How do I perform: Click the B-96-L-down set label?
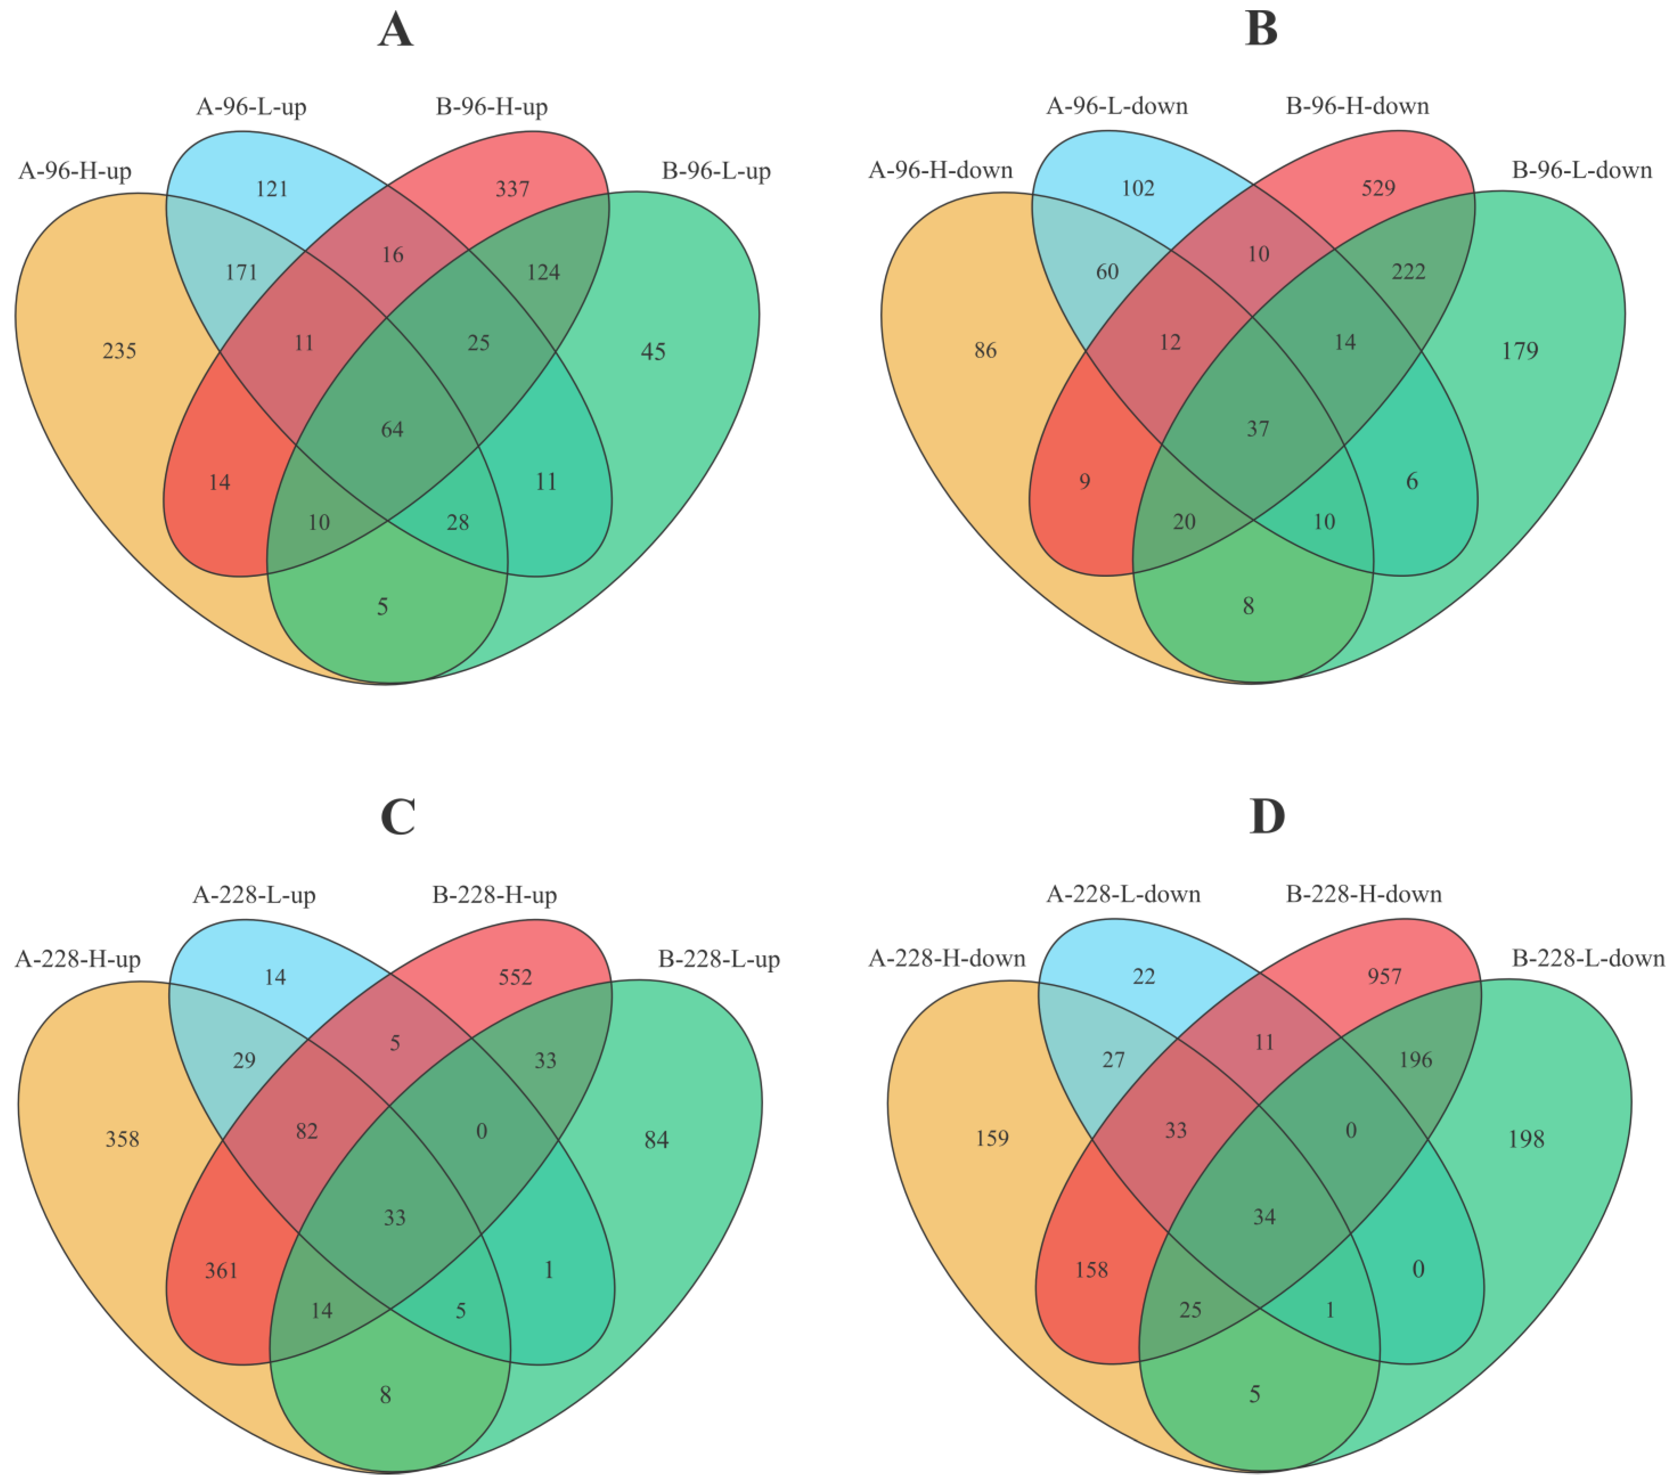[1581, 170]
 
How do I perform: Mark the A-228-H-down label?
[947, 958]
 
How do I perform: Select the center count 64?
[392, 429]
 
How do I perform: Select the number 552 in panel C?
[515, 977]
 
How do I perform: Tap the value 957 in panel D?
[1384, 976]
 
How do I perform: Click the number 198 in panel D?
[1526, 1139]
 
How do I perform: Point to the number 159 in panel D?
[992, 1138]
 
